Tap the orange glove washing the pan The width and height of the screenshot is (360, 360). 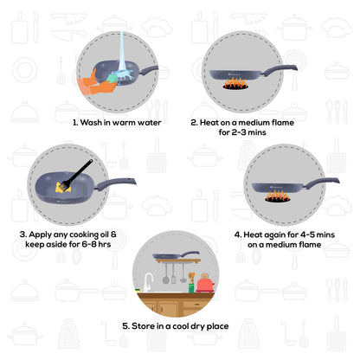89,83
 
